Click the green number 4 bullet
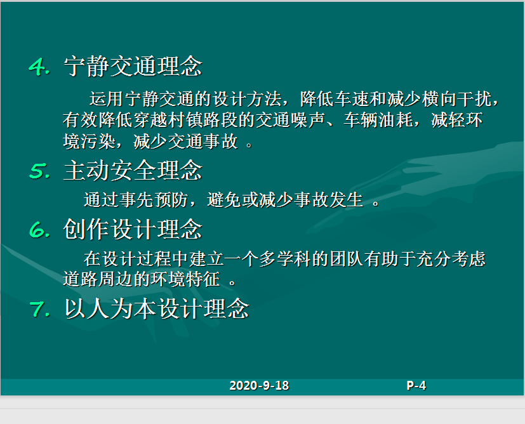click(39, 66)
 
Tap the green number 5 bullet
click(39, 171)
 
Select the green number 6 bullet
click(39, 230)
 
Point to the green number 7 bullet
click(39, 308)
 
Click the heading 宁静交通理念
click(133, 66)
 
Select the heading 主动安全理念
click(133, 170)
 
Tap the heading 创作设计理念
click(133, 230)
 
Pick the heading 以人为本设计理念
click(157, 308)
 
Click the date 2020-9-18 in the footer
click(259, 385)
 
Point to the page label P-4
click(416, 385)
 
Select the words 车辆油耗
click(378, 120)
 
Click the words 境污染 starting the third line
click(90, 141)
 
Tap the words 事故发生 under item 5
click(329, 200)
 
